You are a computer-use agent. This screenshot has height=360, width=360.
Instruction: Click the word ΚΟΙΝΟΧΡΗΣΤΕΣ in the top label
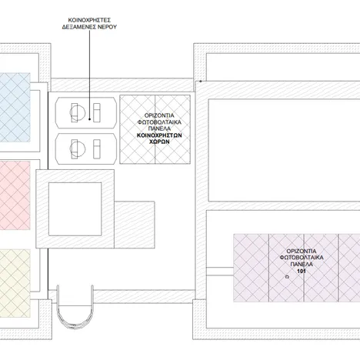click(89, 20)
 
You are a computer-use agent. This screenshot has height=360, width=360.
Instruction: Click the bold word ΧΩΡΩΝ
click(159, 142)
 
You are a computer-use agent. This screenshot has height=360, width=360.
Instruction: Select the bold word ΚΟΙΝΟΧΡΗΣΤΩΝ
click(159, 135)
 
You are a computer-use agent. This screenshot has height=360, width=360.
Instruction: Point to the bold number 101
click(302, 271)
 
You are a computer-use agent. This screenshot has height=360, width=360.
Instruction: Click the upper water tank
click(86, 112)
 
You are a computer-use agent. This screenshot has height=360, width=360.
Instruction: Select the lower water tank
click(86, 148)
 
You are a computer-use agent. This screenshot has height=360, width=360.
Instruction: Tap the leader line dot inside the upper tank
click(89, 119)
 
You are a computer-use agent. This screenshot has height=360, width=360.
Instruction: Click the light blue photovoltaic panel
click(15, 108)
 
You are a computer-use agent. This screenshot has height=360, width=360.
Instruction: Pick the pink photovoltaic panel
click(15, 195)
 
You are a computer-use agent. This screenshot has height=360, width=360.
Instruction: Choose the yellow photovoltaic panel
click(15, 283)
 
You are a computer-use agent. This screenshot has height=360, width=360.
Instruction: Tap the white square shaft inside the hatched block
click(75, 209)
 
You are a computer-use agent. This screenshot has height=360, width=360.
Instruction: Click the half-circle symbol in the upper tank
click(78, 112)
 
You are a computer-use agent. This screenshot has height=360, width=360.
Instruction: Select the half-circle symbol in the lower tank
click(78, 148)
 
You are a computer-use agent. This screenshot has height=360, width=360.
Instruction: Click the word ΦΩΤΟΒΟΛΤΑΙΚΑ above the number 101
click(302, 258)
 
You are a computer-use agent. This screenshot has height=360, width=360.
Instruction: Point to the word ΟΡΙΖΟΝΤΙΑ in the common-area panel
click(159, 115)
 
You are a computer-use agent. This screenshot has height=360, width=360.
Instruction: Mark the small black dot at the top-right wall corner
click(201, 82)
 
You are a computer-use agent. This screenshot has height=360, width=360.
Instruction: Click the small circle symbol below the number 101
click(288, 277)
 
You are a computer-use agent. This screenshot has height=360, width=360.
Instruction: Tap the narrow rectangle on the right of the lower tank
click(97, 149)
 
